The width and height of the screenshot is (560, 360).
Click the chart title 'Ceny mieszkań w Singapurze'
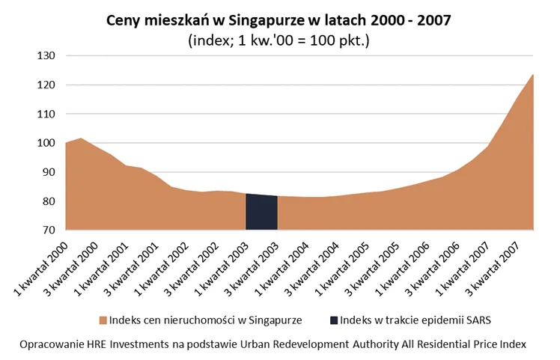(x=279, y=21)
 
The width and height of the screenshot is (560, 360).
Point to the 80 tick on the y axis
(x=49, y=202)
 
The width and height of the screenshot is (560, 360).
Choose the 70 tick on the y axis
(x=49, y=231)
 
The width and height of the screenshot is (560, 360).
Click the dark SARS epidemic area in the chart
(x=262, y=213)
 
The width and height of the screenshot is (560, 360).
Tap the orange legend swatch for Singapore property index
(x=102, y=320)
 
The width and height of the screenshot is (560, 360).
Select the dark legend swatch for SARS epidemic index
(x=333, y=320)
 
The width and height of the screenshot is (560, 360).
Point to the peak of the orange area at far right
(x=532, y=75)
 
